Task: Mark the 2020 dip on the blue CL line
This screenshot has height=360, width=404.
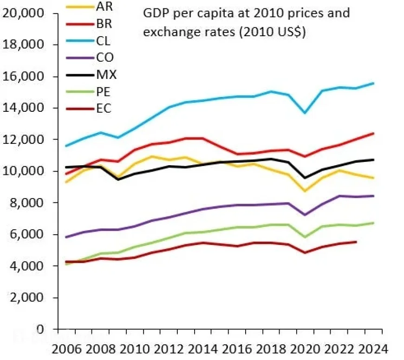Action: click(x=305, y=113)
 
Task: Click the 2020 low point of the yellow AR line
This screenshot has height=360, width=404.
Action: click(x=305, y=191)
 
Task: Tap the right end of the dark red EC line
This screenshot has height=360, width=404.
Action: click(x=356, y=242)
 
